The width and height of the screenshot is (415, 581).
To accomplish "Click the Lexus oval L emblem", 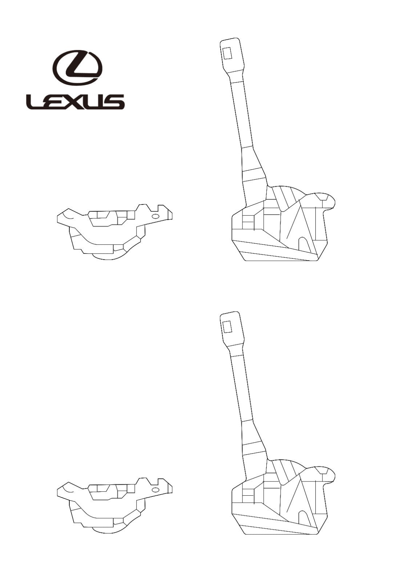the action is (77, 68).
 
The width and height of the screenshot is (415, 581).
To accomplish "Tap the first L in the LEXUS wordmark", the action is (34, 101).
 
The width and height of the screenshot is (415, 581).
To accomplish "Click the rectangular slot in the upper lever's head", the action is (227, 53).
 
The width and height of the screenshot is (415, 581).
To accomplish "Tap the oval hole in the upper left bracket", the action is (156, 216).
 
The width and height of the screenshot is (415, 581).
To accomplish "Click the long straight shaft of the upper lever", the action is (241, 114).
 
